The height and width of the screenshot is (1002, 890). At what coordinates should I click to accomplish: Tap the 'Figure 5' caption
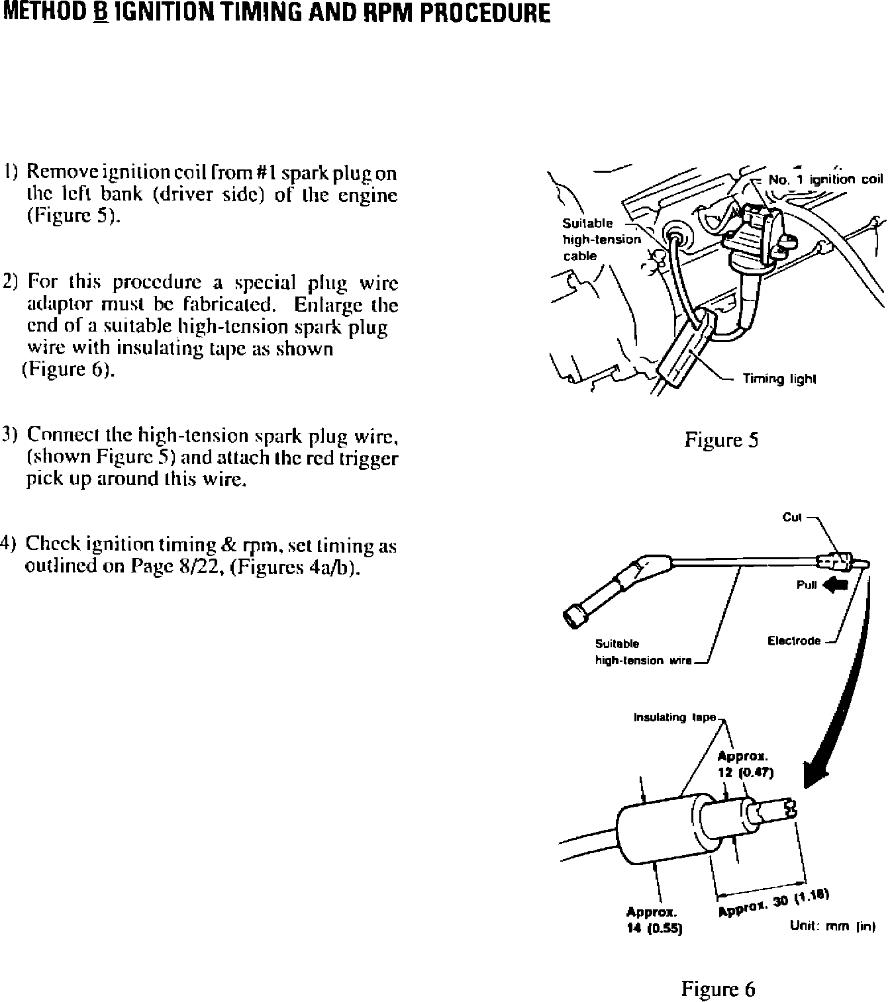[x=721, y=440]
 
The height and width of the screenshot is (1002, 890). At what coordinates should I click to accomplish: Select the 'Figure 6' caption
[x=718, y=971]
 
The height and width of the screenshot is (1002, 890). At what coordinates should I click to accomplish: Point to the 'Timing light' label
[x=779, y=379]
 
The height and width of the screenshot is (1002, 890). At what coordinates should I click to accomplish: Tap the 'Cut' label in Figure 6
[x=792, y=518]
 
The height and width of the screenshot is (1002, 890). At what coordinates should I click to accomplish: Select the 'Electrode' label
[x=794, y=641]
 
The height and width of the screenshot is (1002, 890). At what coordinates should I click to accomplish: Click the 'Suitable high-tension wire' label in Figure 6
[x=642, y=652]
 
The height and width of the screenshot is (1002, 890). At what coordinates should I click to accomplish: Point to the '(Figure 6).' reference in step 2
[x=69, y=369]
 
